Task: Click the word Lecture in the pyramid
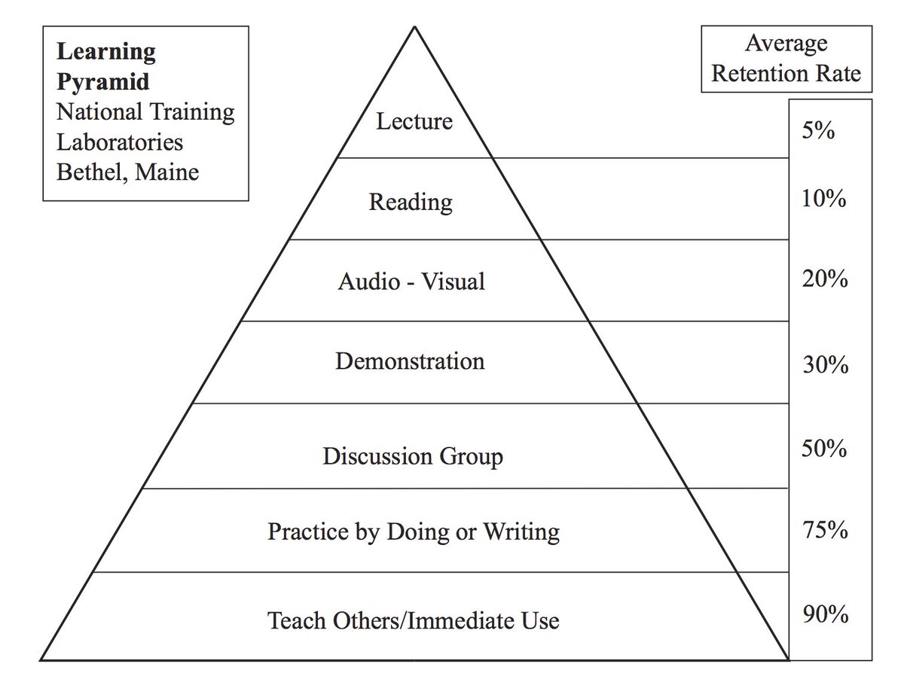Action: [414, 120]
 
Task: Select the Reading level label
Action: [411, 202]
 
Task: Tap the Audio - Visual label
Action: [411, 282]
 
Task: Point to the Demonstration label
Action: [410, 361]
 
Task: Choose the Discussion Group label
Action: [413, 456]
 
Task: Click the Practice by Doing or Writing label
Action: [414, 532]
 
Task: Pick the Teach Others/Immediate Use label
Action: [414, 621]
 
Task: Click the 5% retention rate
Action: [817, 131]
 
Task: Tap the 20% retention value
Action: [824, 279]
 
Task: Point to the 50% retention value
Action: [824, 449]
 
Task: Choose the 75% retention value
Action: [824, 530]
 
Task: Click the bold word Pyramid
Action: [103, 82]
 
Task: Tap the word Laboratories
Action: [120, 142]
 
